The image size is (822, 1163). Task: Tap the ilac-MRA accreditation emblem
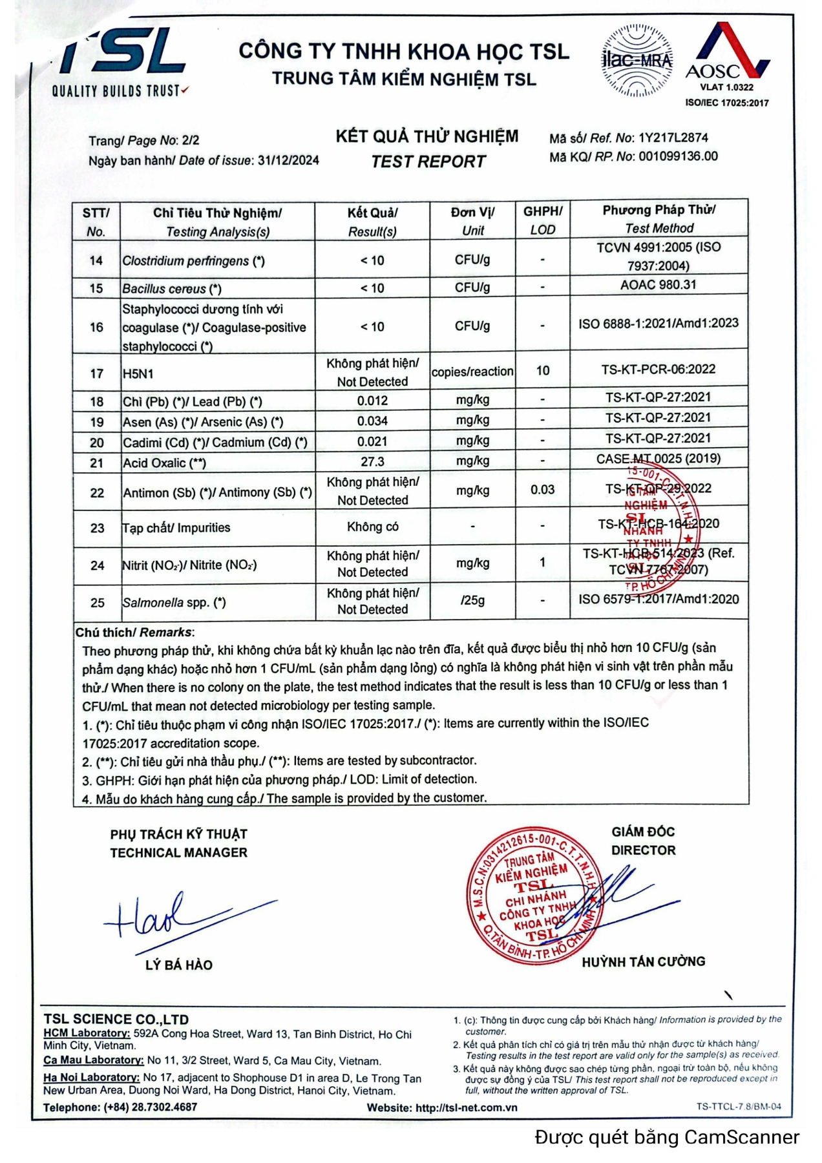click(637, 61)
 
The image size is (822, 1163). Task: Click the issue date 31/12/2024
click(288, 161)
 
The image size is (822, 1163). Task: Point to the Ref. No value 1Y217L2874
click(673, 138)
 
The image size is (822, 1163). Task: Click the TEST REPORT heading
click(428, 162)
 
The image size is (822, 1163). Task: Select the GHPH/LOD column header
click(542, 220)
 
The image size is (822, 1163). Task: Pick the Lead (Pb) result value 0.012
click(372, 401)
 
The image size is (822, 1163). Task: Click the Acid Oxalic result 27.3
click(372, 462)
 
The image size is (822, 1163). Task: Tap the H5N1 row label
click(138, 373)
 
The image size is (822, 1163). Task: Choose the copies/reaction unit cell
click(472, 372)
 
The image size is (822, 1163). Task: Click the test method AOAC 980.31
click(658, 285)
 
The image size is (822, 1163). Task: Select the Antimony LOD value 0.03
click(542, 490)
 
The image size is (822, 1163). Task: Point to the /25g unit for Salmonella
click(472, 600)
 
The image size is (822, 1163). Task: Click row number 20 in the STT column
click(96, 443)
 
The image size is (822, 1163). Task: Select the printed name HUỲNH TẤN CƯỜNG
click(643, 962)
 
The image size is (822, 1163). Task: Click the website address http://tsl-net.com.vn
click(466, 1107)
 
